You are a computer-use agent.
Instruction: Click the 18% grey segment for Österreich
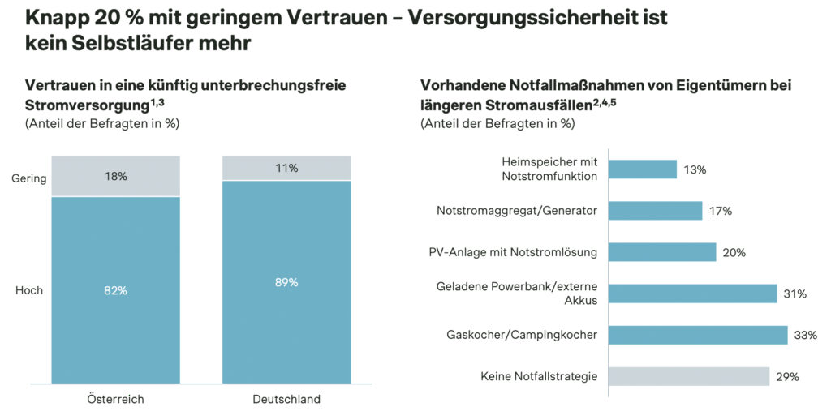(116, 176)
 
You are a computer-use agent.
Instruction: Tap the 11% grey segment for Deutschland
(286, 168)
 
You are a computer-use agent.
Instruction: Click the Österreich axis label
(115, 399)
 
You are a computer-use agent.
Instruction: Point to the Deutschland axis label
(286, 399)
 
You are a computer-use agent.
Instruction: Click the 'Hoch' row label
(29, 290)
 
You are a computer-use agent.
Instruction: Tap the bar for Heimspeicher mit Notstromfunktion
(642, 169)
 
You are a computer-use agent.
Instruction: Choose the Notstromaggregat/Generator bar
(655, 211)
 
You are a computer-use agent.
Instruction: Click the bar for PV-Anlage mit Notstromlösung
(662, 252)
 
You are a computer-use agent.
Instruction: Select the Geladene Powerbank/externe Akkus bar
(692, 294)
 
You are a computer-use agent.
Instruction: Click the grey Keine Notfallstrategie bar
(688, 376)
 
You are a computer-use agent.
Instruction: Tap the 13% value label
(695, 169)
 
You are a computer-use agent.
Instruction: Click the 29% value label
(787, 376)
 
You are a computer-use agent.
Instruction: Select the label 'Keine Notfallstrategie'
(539, 376)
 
